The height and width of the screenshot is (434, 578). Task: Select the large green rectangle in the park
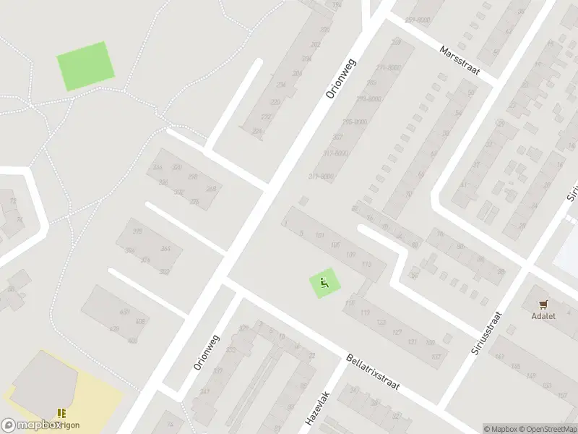[86, 66]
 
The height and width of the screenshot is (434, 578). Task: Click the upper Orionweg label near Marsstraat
[340, 78]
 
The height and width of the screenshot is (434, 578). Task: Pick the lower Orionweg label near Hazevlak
[206, 352]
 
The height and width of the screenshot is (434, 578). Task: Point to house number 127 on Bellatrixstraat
[397, 332]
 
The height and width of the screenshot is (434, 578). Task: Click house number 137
[436, 357]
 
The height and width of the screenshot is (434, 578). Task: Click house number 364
[165, 248]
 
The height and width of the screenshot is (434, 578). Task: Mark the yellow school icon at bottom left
[61, 414]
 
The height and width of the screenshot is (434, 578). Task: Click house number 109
[351, 255]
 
